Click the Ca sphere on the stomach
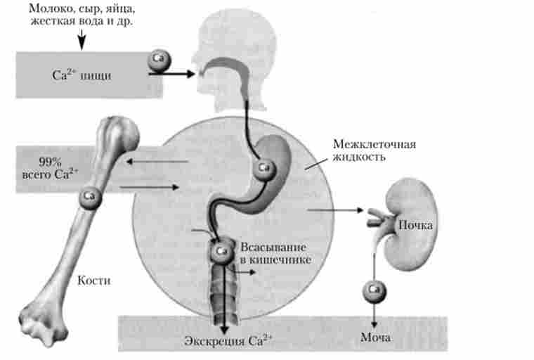(263, 167)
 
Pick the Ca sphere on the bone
(90, 195)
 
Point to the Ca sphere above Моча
(374, 289)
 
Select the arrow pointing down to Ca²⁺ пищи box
(82, 41)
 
